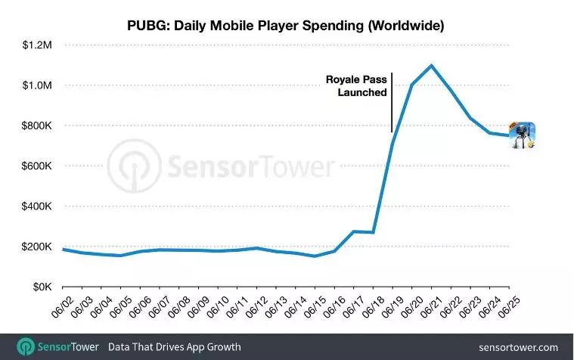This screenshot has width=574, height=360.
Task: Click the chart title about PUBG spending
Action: [x=285, y=26]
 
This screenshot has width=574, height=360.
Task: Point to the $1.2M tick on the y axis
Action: [x=34, y=45]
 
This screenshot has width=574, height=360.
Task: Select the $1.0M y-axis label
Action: [x=34, y=85]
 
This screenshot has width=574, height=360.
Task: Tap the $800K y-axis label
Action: [x=34, y=126]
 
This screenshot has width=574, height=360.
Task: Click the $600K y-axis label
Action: [x=34, y=166]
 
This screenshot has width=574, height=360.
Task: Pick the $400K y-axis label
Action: [x=34, y=206]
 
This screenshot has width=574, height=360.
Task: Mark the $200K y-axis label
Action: [x=34, y=247]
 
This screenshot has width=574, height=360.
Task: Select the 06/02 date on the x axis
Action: [x=60, y=306]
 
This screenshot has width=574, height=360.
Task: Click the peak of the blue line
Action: [x=431, y=65]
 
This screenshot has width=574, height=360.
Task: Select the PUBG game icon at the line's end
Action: [x=522, y=135]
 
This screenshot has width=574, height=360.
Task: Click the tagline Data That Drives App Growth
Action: [x=174, y=346]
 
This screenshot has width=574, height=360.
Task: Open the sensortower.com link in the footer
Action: [x=518, y=346]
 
